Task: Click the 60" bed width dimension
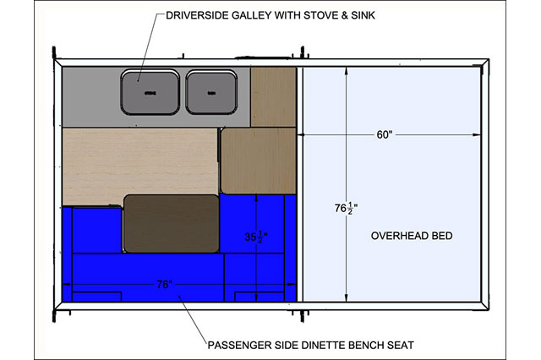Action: [x=385, y=134]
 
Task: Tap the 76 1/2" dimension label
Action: [x=346, y=208]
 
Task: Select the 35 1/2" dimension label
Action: [x=256, y=237]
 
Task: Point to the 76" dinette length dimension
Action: [x=164, y=285]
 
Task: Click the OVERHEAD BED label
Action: [x=412, y=236]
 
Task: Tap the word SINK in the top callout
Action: [x=363, y=15]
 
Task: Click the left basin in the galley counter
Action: [x=150, y=92]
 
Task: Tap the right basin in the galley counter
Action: [x=211, y=92]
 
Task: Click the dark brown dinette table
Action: [x=172, y=223]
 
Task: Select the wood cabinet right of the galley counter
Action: [x=273, y=97]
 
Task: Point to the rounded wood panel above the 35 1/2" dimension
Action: [x=259, y=161]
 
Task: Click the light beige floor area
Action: [x=139, y=166]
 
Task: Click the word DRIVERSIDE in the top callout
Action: [x=197, y=15]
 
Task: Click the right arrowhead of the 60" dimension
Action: [x=477, y=134]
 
